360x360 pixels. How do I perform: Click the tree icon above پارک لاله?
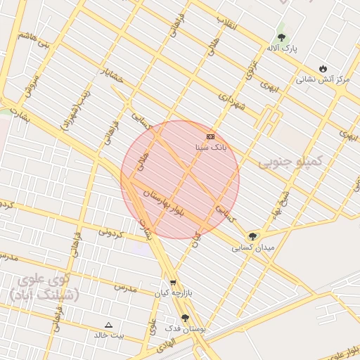coord(282,37)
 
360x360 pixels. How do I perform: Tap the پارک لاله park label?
coord(282,49)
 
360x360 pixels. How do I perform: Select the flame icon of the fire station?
coord(323,68)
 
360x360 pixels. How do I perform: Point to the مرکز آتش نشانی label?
coord(322,79)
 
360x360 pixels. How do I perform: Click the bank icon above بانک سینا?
coord(210,136)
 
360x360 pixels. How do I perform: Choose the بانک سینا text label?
coord(210,148)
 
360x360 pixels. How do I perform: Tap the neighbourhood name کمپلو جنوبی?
coord(289,162)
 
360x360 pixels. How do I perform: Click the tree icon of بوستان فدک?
coord(185,318)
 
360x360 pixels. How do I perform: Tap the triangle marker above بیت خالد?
coord(108,325)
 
